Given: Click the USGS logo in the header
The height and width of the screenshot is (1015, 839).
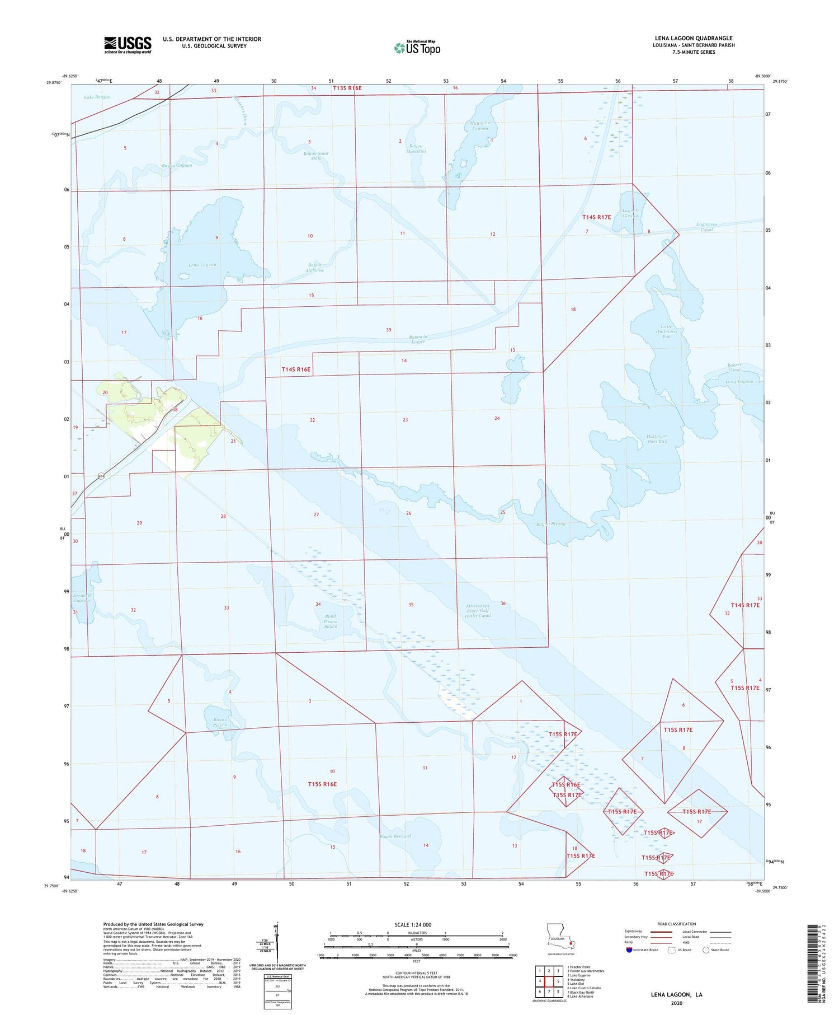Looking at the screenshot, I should tap(127, 44).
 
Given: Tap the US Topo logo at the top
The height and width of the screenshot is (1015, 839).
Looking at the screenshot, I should tap(417, 48).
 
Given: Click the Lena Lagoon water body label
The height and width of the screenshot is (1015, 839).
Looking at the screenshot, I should tap(202, 265).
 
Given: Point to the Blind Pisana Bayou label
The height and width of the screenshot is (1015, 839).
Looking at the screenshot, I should tap(331, 621).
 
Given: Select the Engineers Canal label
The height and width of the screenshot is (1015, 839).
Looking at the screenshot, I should tap(706, 227).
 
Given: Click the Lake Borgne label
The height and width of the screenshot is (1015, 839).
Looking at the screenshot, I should tap(97, 97).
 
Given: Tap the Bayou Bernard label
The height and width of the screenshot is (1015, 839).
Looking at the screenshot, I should tap(395, 836).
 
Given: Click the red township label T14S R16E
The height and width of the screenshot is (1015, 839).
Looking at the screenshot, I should tap(295, 369).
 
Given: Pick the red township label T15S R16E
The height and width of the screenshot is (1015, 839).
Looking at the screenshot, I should tap(322, 784).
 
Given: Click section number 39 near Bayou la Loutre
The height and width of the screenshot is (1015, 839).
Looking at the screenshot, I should tap(389, 330).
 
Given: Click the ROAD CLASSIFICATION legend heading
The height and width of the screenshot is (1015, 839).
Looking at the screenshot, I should tap(677, 924).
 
